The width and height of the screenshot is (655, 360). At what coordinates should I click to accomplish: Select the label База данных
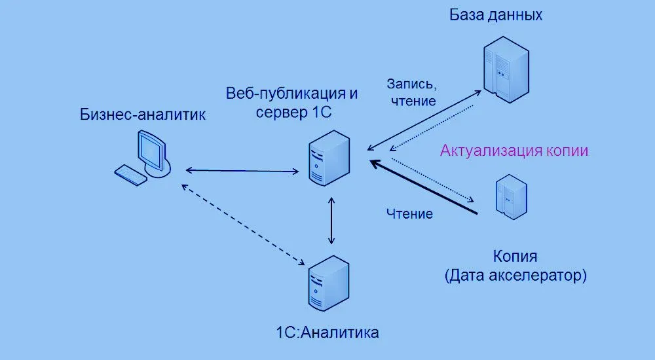pos(496,14)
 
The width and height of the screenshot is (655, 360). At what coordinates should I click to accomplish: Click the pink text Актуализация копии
pos(514,151)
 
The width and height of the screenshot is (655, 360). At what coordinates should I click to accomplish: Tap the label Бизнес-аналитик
pos(143,115)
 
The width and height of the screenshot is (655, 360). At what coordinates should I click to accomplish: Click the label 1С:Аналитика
pos(327,332)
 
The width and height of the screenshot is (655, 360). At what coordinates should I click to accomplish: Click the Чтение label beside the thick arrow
pos(409,213)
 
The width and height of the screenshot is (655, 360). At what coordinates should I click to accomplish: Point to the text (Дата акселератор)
pos(515,276)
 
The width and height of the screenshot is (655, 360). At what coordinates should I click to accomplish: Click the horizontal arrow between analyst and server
pos(242,171)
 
